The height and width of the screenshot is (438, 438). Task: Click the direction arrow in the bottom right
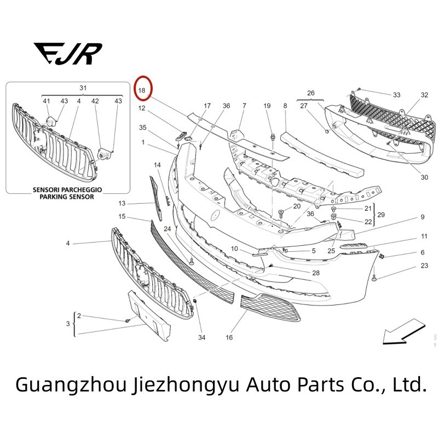click(402, 333)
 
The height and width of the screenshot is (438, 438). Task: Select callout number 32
click(424, 95)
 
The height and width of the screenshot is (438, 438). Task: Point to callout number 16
click(229, 337)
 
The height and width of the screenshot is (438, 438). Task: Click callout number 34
click(201, 337)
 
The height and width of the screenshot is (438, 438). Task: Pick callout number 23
click(424, 266)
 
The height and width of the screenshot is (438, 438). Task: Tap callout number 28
click(315, 273)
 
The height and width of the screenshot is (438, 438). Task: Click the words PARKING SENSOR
click(67, 197)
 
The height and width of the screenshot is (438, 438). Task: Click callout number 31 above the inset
click(83, 88)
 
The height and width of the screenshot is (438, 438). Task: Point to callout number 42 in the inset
click(95, 101)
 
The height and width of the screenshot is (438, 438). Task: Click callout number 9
click(422, 217)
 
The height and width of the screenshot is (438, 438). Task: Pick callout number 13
click(122, 204)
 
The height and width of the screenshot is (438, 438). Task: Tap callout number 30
click(424, 177)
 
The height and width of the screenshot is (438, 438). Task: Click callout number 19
click(267, 106)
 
